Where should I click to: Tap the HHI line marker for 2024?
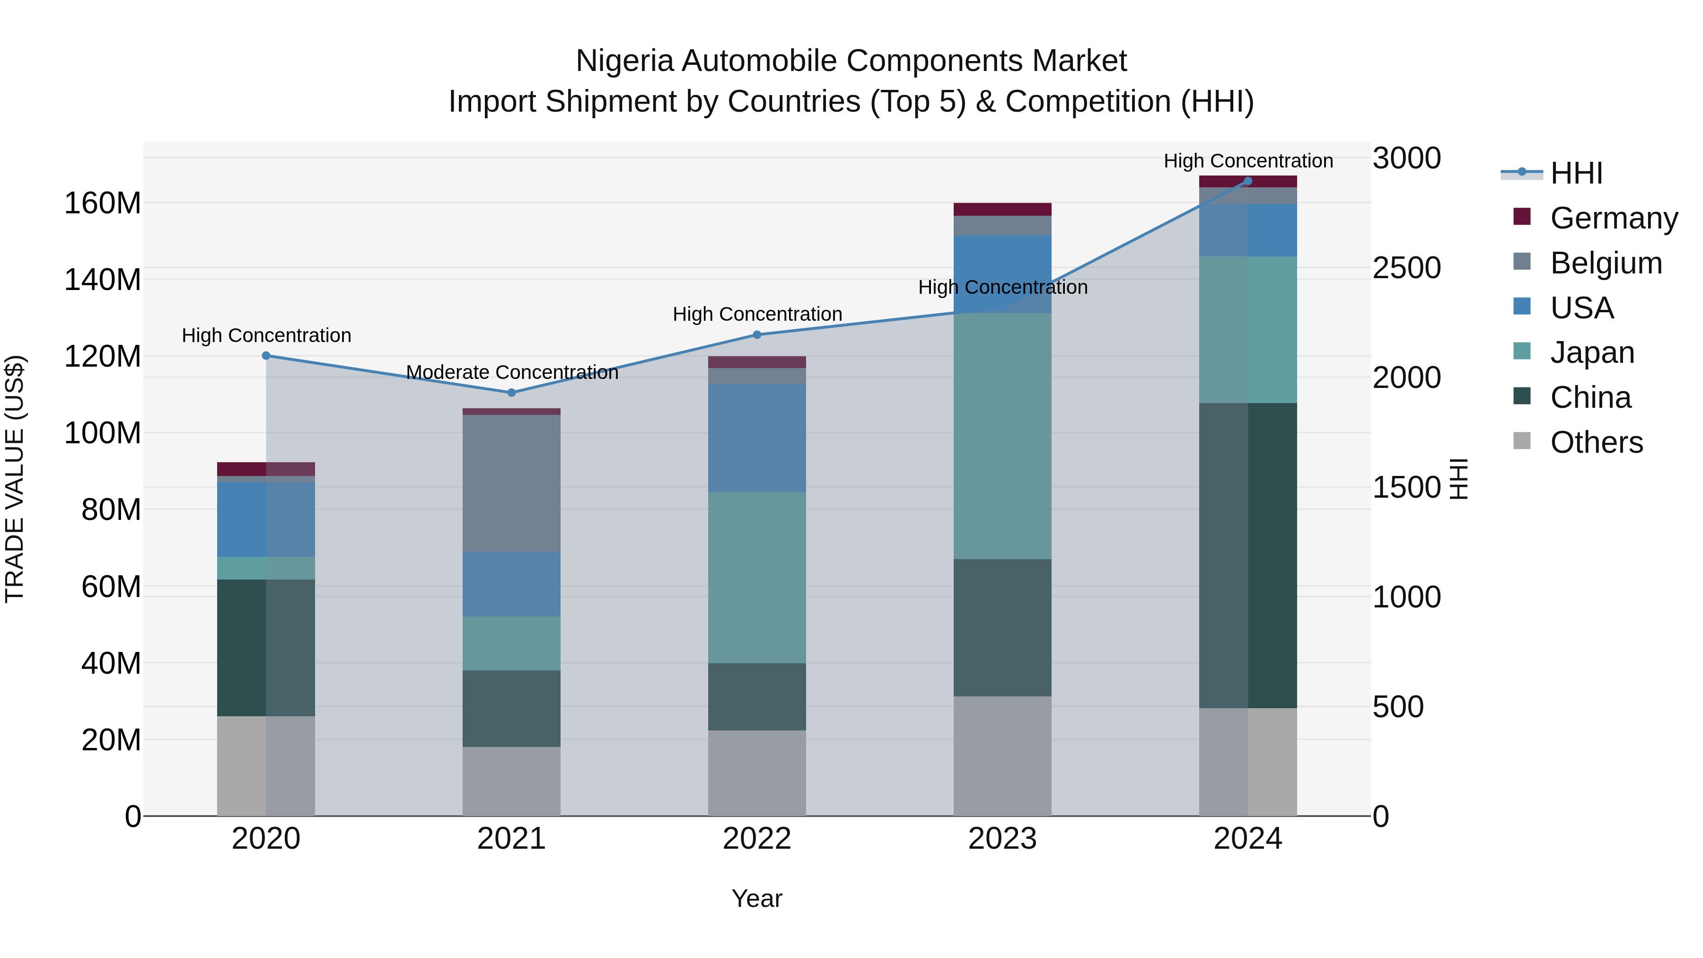(1247, 181)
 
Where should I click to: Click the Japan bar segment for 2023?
(1002, 436)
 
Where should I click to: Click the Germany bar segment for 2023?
(1002, 210)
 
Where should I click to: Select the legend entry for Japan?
(1592, 352)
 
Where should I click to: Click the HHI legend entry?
(1576, 173)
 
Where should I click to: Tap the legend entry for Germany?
(1613, 218)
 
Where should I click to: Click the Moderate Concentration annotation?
(512, 372)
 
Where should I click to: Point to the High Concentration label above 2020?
(266, 335)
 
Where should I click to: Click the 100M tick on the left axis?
(103, 433)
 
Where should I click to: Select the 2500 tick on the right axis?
(1406, 268)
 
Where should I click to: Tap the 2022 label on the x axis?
(757, 839)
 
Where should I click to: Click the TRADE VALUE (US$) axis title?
(15, 479)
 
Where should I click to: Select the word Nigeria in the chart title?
(625, 61)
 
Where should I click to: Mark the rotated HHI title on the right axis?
(1458, 479)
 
